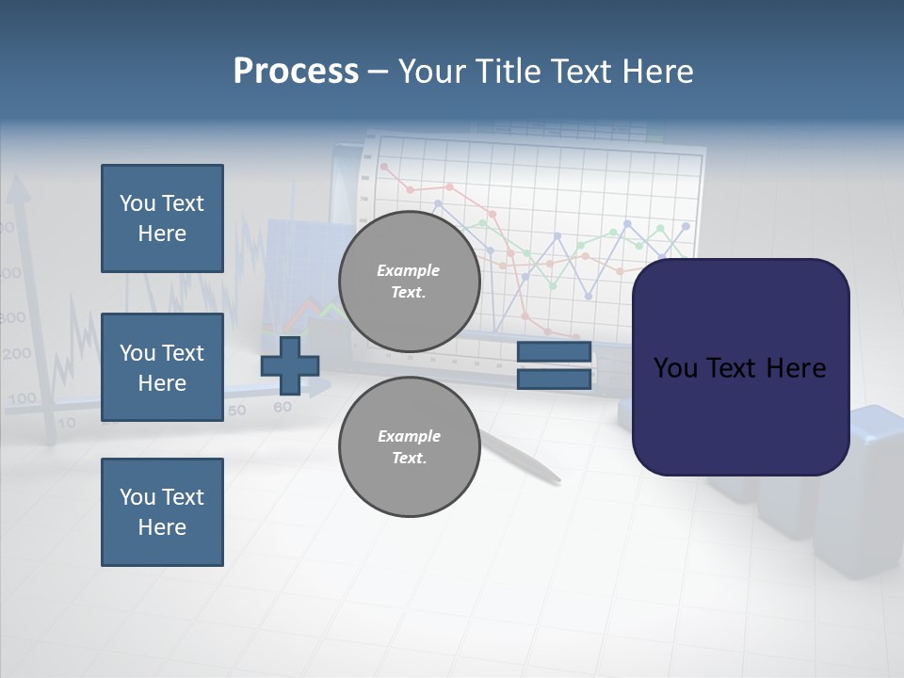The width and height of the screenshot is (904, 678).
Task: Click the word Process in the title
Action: click(x=296, y=72)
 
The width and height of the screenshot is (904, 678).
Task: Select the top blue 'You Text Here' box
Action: click(x=162, y=218)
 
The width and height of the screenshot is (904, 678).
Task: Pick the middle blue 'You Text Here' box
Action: click(x=162, y=367)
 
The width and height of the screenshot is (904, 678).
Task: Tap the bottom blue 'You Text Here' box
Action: click(x=162, y=511)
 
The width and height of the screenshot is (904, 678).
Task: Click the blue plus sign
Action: click(x=290, y=365)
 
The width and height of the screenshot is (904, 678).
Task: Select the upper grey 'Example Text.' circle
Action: click(x=409, y=282)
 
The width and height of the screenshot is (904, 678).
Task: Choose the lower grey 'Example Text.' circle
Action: click(x=409, y=446)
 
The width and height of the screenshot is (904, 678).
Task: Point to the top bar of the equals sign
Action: click(x=554, y=352)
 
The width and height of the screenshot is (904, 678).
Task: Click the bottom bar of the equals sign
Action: click(x=554, y=379)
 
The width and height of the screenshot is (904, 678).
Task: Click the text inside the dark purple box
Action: click(x=740, y=368)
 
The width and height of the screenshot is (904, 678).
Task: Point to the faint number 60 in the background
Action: click(x=282, y=408)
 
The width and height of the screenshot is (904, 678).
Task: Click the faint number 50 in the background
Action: click(x=236, y=411)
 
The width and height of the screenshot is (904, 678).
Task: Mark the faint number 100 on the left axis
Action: click(x=21, y=399)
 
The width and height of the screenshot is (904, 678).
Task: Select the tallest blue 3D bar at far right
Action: click(x=862, y=490)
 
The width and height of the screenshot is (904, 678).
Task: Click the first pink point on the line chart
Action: click(x=383, y=167)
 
